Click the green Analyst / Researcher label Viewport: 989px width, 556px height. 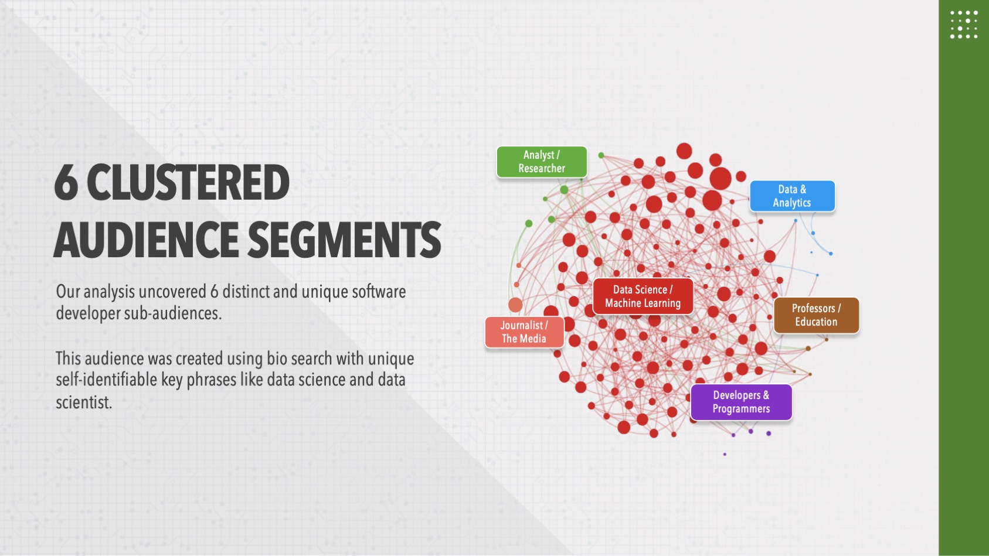tap(542, 162)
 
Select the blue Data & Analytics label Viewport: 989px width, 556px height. tap(792, 196)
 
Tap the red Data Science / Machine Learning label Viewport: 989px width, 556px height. tap(643, 296)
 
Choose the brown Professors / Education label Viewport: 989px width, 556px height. tap(817, 315)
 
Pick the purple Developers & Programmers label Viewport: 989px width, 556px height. tap(741, 402)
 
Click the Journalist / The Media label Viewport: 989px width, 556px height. tap(524, 332)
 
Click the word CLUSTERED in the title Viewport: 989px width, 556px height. tap(188, 182)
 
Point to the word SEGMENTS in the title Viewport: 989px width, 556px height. tap(344, 239)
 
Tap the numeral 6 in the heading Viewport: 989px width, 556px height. tap(66, 182)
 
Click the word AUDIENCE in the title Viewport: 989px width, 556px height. tap(146, 239)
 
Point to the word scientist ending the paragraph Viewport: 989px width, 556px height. tap(83, 402)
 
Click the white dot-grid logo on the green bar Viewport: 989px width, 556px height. tap(964, 25)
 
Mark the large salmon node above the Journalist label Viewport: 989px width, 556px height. tap(515, 305)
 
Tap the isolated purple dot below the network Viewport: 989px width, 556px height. tap(725, 454)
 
